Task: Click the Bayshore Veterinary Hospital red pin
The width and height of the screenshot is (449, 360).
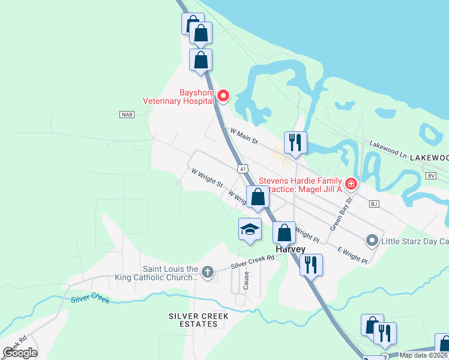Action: tap(223, 95)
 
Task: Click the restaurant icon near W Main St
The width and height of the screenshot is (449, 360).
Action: tap(295, 143)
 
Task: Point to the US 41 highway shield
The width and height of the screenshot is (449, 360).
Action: tap(243, 169)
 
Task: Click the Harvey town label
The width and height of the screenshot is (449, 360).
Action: tap(291, 249)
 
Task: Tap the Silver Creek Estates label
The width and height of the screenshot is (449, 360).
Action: tap(193, 320)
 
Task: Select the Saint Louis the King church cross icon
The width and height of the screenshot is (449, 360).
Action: tap(207, 272)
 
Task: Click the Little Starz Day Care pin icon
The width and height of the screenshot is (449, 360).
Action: tap(372, 241)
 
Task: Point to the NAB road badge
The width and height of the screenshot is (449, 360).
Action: tap(126, 115)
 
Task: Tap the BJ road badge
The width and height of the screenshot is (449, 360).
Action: tap(374, 204)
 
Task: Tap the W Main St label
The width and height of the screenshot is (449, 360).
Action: tap(243, 136)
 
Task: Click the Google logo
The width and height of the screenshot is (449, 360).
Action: tap(20, 353)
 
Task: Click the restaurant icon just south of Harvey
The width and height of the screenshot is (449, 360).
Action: tap(311, 264)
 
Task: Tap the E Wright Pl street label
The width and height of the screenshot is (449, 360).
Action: tap(352, 256)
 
